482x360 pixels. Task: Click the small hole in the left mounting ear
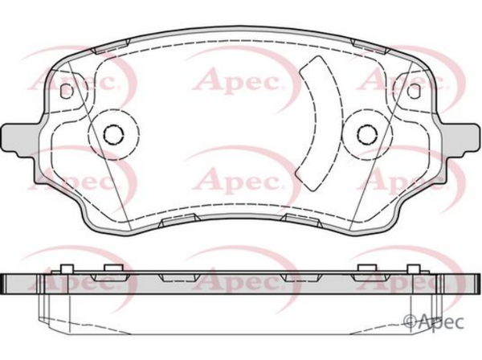[67, 91]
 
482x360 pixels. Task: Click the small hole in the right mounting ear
[413, 91]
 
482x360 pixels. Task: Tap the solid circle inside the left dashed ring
[114, 134]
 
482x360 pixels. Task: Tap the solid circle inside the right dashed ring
[367, 134]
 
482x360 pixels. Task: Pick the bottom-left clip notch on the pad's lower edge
[179, 220]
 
